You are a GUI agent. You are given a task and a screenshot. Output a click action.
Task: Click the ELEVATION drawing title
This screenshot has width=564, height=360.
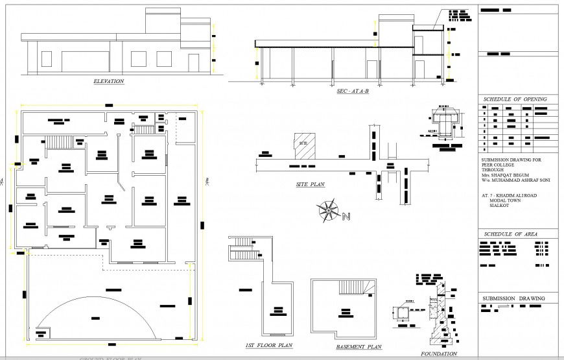[x=108, y=81]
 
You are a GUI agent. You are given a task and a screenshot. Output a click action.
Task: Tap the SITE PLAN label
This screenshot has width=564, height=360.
[x=310, y=184]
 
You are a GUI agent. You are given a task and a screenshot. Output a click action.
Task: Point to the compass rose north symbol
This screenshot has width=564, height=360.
[x=328, y=211]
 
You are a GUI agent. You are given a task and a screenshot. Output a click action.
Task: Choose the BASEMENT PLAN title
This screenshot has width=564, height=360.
[x=358, y=347]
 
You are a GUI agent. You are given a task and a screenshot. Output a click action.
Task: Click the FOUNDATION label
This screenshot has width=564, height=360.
[x=439, y=354]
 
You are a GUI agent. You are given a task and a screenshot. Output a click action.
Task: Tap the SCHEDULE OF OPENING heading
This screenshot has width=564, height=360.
[x=515, y=99]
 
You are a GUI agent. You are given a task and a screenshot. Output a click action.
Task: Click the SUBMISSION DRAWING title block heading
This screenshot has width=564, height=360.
[x=512, y=298]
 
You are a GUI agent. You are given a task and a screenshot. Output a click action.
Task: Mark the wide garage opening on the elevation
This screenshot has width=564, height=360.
[x=87, y=58]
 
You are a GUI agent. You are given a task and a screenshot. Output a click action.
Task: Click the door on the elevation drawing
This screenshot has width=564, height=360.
[x=193, y=63]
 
